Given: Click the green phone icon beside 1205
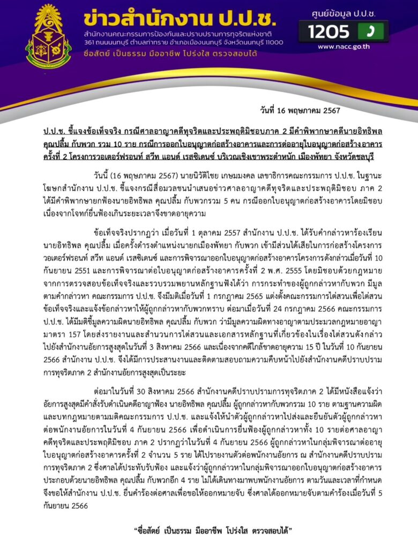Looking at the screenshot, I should click(370, 32).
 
